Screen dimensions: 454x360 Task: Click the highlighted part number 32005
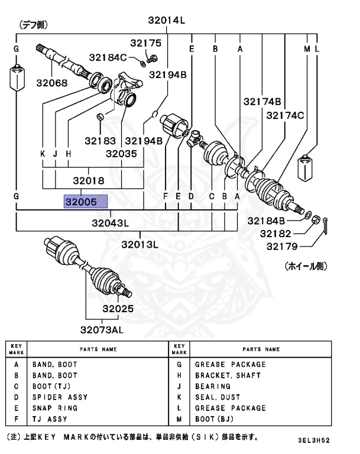pyautogui.click(x=86, y=202)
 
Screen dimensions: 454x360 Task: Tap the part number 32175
pyautogui.click(x=145, y=43)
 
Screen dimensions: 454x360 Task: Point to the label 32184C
pyautogui.click(x=108, y=57)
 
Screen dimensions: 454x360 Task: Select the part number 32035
pyautogui.click(x=122, y=153)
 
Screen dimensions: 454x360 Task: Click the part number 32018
pyautogui.click(x=89, y=181)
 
